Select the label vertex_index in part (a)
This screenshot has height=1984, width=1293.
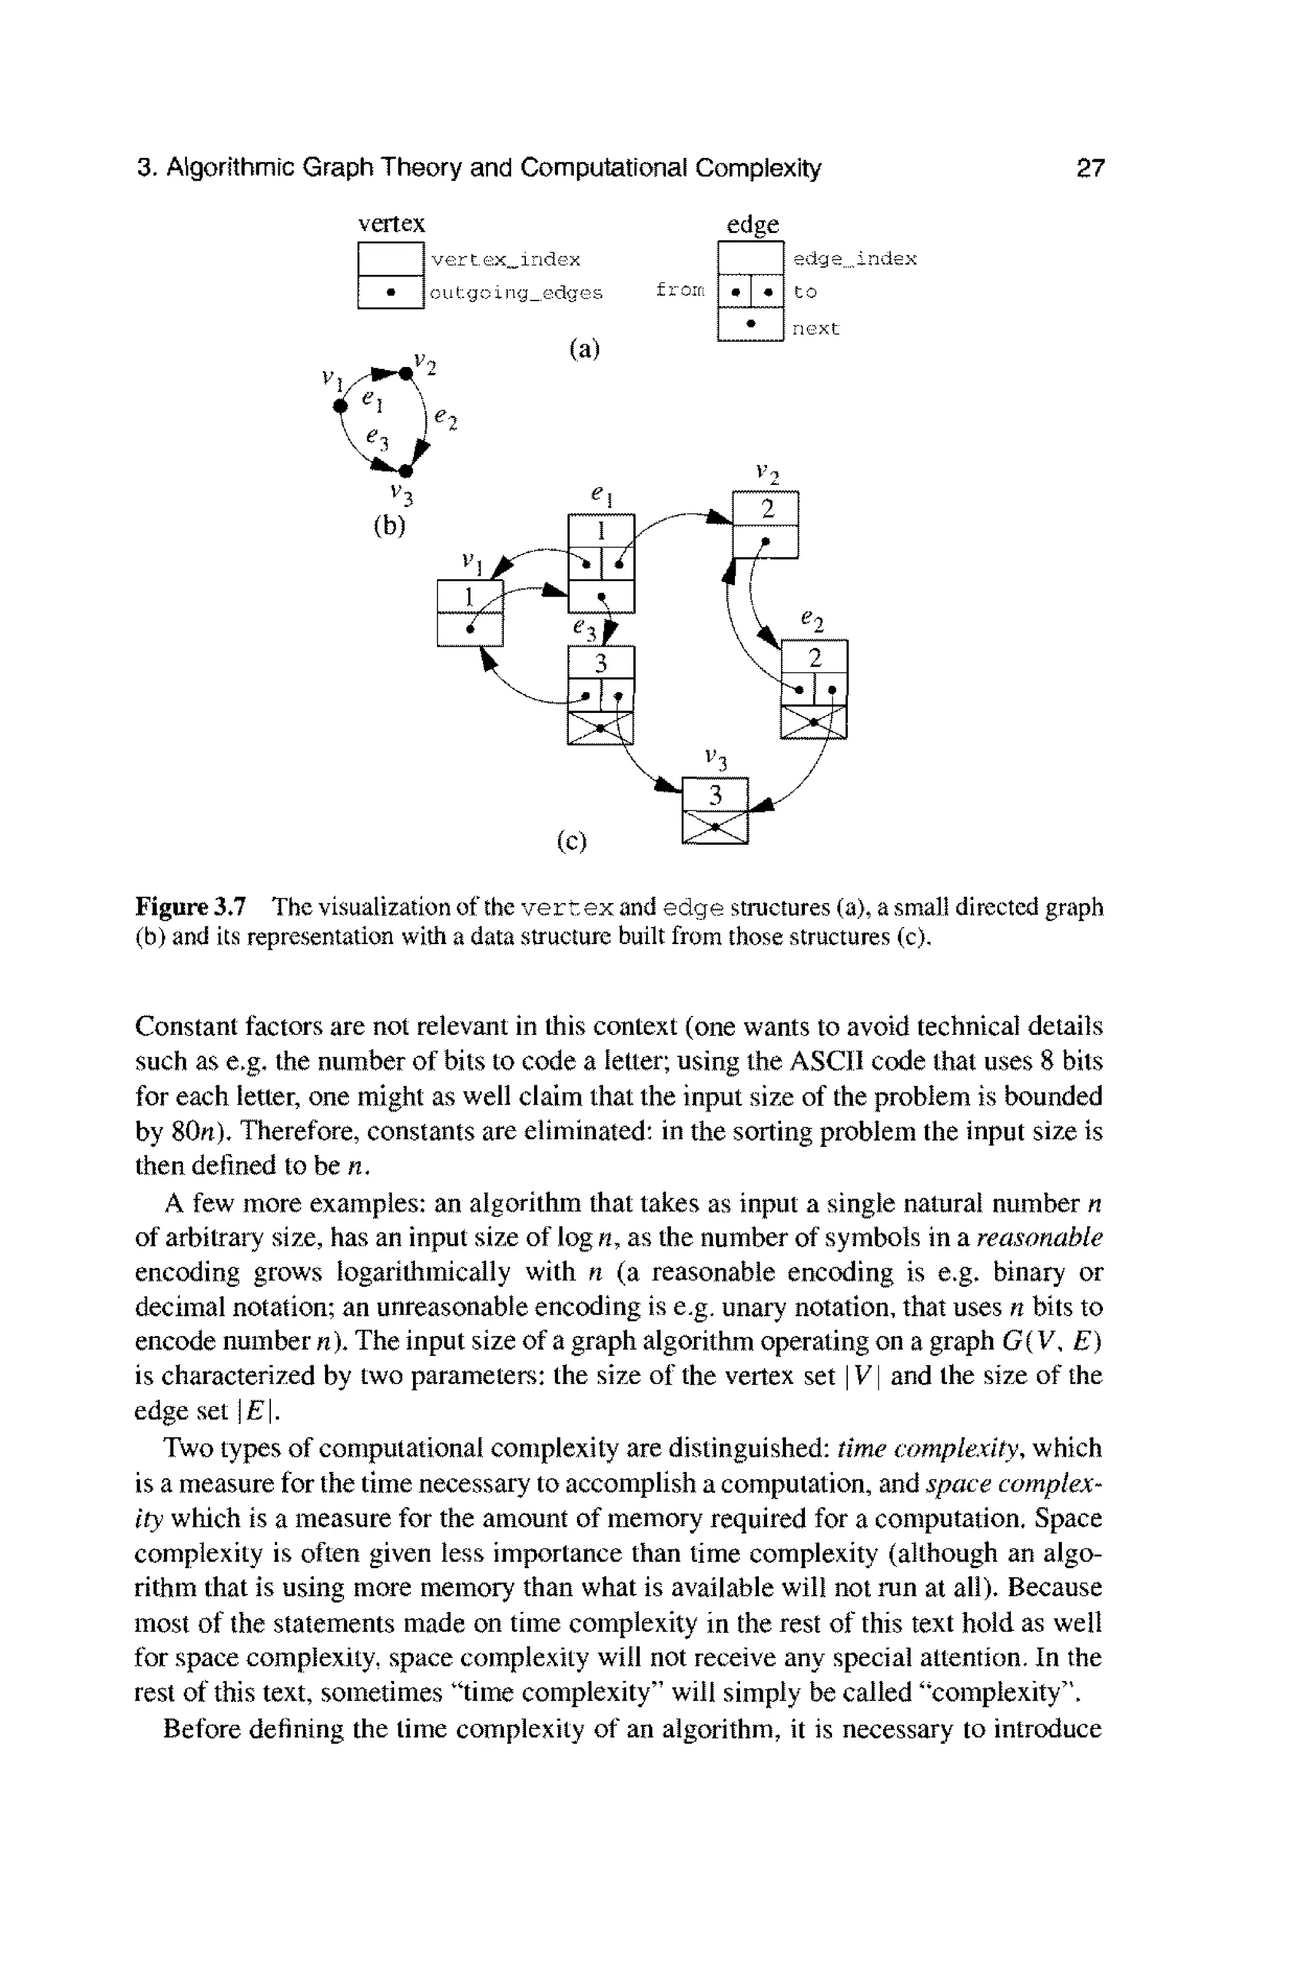pos(505,260)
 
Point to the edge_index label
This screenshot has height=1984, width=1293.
pos(854,260)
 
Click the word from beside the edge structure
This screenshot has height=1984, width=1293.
pos(680,290)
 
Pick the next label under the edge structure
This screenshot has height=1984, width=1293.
pos(815,328)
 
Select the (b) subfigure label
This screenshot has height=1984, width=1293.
pos(388,527)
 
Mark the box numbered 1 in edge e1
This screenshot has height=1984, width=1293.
pos(600,531)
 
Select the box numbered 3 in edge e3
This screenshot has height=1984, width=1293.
pos(600,664)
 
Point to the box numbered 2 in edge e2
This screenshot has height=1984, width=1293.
pos(814,658)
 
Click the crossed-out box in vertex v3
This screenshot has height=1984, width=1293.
pos(715,827)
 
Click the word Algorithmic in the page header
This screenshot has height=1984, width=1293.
pos(229,169)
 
